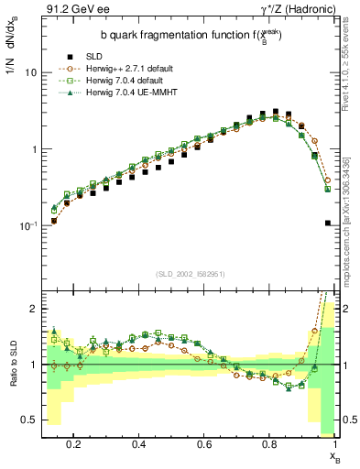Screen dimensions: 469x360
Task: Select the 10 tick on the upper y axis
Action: click(x=31, y=71)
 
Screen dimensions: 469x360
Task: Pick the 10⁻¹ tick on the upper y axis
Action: click(x=27, y=225)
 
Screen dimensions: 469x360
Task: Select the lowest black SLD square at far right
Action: click(x=328, y=223)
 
